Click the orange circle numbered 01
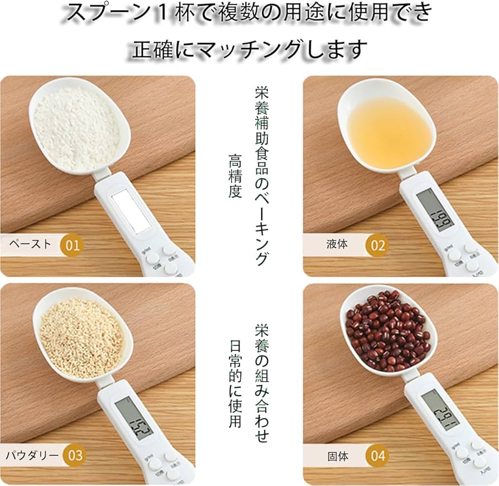click(73, 244)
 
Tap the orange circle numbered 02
click(378, 245)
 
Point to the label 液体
click(338, 245)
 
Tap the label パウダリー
click(32, 455)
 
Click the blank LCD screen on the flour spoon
click(131, 210)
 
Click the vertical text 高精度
click(234, 176)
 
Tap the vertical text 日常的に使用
click(235, 384)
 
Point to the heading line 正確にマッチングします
click(249, 49)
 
